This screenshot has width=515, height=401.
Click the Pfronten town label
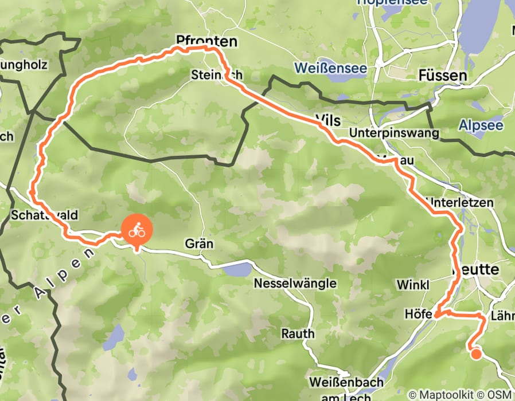206,41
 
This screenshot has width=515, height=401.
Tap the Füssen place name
443,76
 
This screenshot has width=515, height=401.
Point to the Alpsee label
481,125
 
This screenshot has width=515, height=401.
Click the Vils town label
328,120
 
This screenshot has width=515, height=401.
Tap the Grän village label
199,244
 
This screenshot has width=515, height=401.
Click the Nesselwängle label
295,283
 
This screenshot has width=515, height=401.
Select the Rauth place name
298,333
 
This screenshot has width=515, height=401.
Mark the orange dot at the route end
476,353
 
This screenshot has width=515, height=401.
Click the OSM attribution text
498,395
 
